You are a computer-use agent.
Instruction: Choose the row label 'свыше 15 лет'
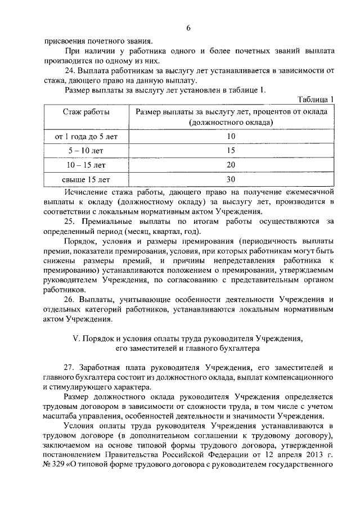[86, 179]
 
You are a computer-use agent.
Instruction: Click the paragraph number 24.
[70, 70]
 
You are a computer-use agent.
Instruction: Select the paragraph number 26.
[70, 299]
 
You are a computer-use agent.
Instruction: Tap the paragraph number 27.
[70, 367]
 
